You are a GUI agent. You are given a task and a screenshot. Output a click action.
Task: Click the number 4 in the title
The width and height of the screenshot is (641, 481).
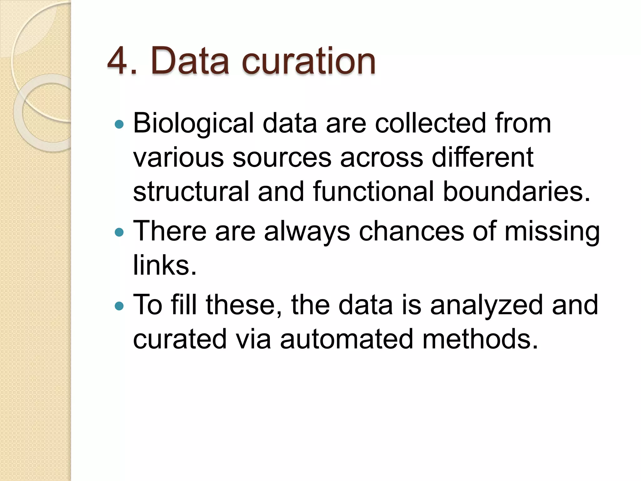pyautogui.click(x=118, y=61)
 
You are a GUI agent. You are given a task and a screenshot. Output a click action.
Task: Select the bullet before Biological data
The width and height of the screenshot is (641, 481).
pyautogui.click(x=119, y=125)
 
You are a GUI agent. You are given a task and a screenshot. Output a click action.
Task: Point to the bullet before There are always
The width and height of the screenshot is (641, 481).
pyautogui.click(x=119, y=232)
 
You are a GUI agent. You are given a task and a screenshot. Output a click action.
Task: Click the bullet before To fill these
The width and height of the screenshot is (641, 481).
pyautogui.click(x=119, y=306)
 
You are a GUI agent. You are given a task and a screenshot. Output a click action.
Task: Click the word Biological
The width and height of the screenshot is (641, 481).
pyautogui.click(x=193, y=124)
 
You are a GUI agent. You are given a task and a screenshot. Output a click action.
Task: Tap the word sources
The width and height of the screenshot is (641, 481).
pyautogui.click(x=282, y=158)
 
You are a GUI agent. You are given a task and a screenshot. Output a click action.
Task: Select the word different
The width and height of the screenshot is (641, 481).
pyautogui.click(x=483, y=157)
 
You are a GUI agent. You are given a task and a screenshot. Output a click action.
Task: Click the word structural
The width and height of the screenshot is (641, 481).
pyautogui.click(x=191, y=191)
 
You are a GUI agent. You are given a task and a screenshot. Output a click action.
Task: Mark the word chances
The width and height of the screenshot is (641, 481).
pyautogui.click(x=411, y=232)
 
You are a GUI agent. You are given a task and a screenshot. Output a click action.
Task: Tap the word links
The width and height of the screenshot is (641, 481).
pyautogui.click(x=165, y=265)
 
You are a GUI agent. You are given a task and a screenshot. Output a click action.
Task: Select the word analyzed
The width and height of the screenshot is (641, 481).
pyautogui.click(x=486, y=306)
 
